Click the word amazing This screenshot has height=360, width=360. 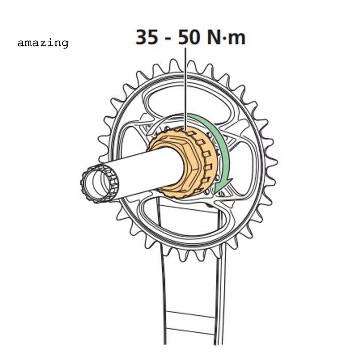pyautogui.click(x=43, y=43)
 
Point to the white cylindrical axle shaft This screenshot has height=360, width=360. pyautogui.click(x=144, y=173)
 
